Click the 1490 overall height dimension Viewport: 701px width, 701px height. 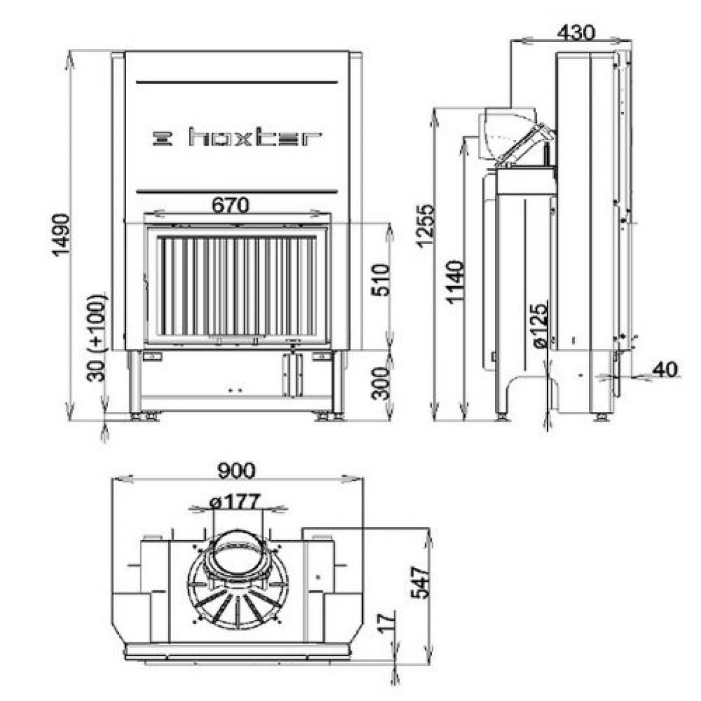[x=61, y=235]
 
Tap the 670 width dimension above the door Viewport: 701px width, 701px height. [x=231, y=206]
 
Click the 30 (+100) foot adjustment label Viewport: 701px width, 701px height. [x=97, y=338]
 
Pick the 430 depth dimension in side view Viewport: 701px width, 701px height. [x=576, y=33]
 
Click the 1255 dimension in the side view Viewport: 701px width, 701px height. [x=425, y=226]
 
